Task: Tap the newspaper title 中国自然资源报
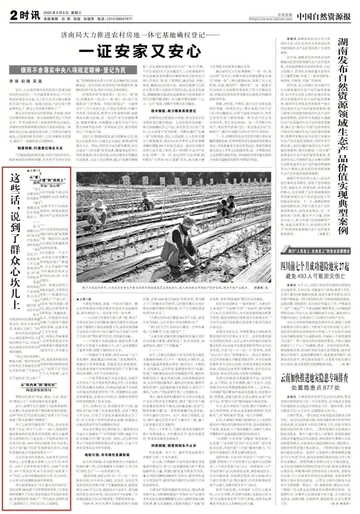324,16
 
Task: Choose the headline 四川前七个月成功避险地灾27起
315,266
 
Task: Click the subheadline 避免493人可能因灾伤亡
315,276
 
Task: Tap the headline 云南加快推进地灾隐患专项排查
315,377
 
